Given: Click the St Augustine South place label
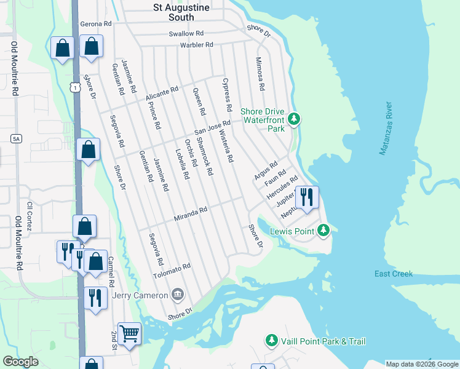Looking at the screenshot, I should [x=181, y=12].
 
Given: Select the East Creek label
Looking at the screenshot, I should [x=394, y=274].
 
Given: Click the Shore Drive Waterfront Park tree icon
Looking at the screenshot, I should [x=294, y=118].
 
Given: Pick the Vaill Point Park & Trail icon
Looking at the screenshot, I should [x=272, y=340].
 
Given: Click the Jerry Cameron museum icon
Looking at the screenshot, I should [x=178, y=295].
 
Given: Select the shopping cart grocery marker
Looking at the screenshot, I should [x=129, y=334].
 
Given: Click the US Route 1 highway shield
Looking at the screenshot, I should [x=74, y=89].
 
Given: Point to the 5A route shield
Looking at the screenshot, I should [x=16, y=139].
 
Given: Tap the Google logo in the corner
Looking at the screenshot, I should [x=20, y=362].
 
